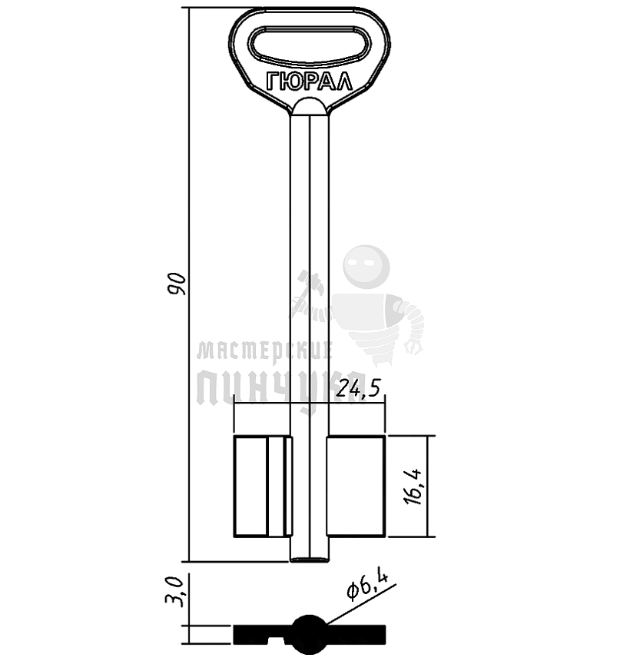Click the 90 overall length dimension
[177, 284]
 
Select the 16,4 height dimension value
[413, 487]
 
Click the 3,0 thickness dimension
[175, 593]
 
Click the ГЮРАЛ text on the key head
[309, 81]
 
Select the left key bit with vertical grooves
[263, 487]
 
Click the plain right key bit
[356, 487]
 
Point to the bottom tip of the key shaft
[310, 560]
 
